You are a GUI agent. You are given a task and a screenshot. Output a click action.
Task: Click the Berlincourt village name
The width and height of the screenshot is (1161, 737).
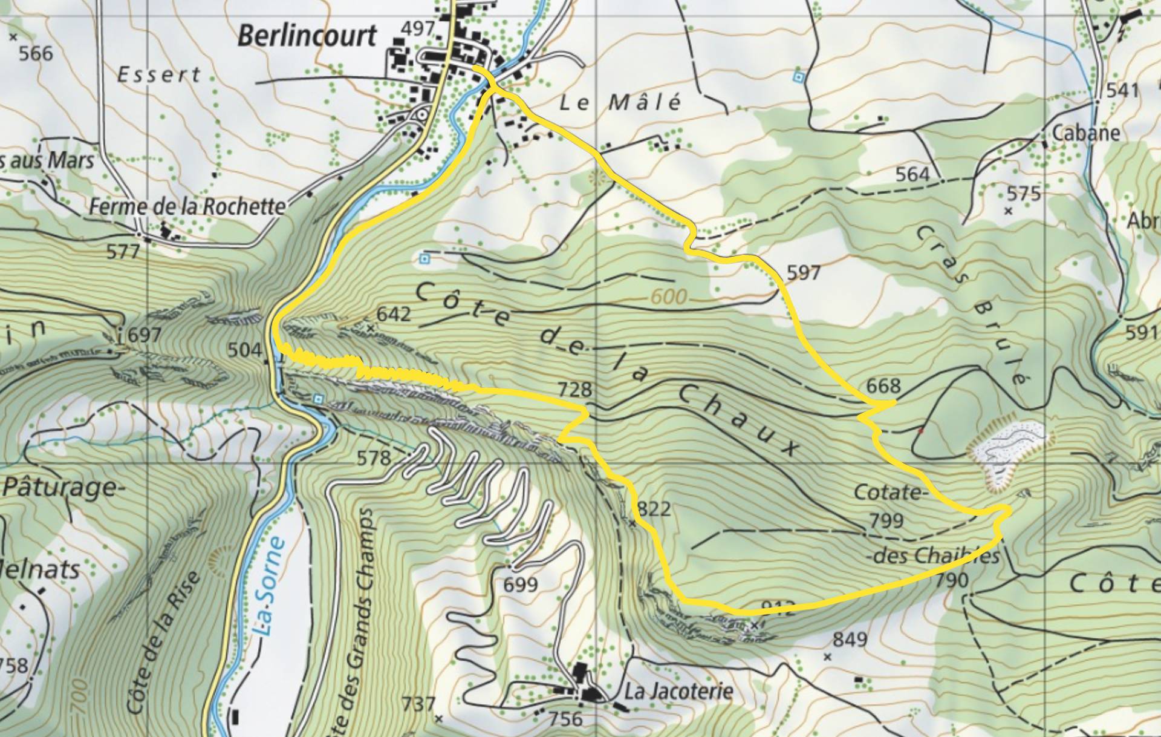point(307,36)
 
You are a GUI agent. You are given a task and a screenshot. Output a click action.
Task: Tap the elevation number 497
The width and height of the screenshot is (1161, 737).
point(418,28)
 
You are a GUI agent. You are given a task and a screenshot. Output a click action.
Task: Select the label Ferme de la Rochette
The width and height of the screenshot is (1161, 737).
point(187,207)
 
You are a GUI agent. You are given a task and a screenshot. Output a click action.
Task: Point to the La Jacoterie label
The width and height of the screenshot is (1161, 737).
point(678,691)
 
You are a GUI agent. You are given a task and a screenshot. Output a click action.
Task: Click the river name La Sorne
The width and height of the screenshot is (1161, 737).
point(268,586)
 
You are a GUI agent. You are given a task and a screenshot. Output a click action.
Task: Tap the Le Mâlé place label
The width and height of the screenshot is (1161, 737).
point(620,102)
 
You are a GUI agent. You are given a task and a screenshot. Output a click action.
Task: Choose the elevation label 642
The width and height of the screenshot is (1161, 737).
point(393,314)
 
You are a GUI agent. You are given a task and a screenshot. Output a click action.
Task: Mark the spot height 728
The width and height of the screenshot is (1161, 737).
point(574,389)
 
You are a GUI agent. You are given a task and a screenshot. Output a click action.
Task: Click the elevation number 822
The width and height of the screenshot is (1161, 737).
point(654,508)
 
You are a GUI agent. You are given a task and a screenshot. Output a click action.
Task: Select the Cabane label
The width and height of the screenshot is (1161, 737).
point(1086,133)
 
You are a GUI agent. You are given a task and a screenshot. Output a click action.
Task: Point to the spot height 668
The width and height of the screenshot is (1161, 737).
point(883,385)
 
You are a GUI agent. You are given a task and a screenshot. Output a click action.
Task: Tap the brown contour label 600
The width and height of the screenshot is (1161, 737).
point(669,296)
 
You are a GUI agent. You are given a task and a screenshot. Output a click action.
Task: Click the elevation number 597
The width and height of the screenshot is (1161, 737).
point(803,273)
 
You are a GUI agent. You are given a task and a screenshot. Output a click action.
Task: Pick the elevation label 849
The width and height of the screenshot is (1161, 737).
point(850,639)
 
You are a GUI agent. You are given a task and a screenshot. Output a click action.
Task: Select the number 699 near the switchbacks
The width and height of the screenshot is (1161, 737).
point(520,585)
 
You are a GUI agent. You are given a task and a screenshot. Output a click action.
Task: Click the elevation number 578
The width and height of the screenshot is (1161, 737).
point(374,458)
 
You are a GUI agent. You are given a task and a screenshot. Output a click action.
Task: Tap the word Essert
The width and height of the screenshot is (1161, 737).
point(158,75)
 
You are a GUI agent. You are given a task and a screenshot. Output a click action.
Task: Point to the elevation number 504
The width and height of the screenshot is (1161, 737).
point(244,350)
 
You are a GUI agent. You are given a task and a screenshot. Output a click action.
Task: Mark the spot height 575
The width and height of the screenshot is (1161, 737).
point(1023,194)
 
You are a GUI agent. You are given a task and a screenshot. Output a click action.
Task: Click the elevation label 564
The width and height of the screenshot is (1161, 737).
point(912,174)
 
